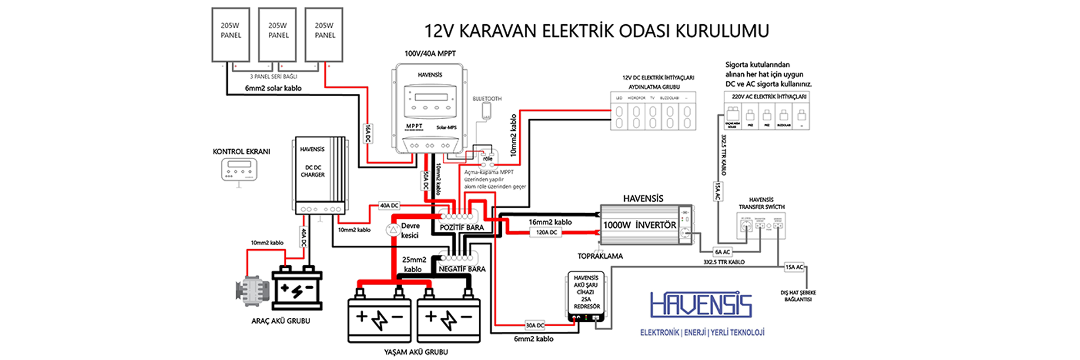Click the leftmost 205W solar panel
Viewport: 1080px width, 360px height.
tap(231, 34)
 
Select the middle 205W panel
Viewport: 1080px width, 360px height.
tap(277, 34)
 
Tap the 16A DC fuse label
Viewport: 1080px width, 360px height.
tap(368, 133)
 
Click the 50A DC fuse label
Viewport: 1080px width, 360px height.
tap(426, 181)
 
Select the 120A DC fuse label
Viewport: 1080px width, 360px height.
tap(546, 232)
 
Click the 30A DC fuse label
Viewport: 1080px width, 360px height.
tap(535, 325)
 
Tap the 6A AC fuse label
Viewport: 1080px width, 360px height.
tap(722, 252)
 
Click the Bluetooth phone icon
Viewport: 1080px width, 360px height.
tap(487, 111)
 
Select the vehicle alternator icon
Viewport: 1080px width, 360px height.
tap(249, 290)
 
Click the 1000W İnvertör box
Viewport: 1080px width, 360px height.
tap(646, 224)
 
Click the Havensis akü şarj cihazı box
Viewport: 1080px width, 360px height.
tap(586, 296)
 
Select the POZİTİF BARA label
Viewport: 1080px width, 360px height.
tap(461, 227)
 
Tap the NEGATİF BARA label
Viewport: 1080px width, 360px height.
tap(462, 269)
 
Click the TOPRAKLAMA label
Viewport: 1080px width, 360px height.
tap(600, 256)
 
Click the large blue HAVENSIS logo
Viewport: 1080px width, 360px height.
tap(701, 305)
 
